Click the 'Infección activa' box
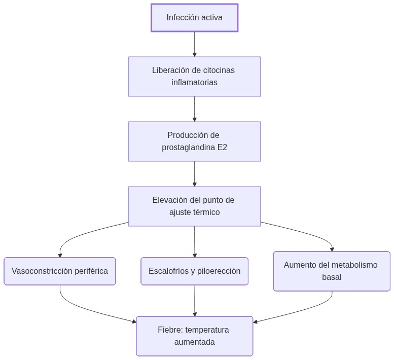(194, 18)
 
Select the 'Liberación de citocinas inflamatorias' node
(194, 77)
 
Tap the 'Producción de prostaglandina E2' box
(194, 141)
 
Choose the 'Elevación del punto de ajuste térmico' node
(194, 206)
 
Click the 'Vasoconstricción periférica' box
(60, 271)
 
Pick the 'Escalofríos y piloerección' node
(194, 271)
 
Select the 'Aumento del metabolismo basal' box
(332, 271)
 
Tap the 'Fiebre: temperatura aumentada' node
(194, 336)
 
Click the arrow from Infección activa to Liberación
(194, 44)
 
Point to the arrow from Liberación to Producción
(194, 109)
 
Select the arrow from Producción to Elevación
(194, 174)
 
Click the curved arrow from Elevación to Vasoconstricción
(81, 236)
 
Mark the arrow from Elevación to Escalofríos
(194, 242)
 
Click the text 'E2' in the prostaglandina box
(222, 148)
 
